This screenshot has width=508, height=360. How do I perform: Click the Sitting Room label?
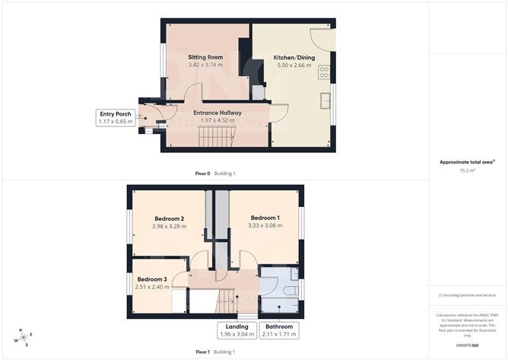(x=205, y=57)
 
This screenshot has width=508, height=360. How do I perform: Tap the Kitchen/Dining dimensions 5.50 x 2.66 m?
(x=293, y=65)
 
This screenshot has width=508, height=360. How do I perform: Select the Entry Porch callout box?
(x=115, y=118)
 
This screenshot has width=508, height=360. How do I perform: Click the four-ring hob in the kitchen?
(x=325, y=73)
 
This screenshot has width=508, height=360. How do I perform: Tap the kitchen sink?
(x=325, y=100)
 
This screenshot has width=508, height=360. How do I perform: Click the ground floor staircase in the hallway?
(x=215, y=138)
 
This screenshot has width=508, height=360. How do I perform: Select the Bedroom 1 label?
(x=265, y=217)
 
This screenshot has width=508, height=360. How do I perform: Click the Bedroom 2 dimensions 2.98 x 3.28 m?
(x=169, y=226)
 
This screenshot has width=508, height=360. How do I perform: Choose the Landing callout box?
(x=235, y=330)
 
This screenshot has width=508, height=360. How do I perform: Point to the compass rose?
(x=24, y=337)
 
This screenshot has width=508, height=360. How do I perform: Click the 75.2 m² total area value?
(x=466, y=171)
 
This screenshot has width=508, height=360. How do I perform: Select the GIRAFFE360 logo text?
(x=466, y=346)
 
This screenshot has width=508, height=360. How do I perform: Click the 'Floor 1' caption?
(x=202, y=352)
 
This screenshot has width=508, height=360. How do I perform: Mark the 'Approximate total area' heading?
(x=466, y=161)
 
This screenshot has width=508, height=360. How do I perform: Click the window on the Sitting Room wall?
(x=161, y=59)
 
